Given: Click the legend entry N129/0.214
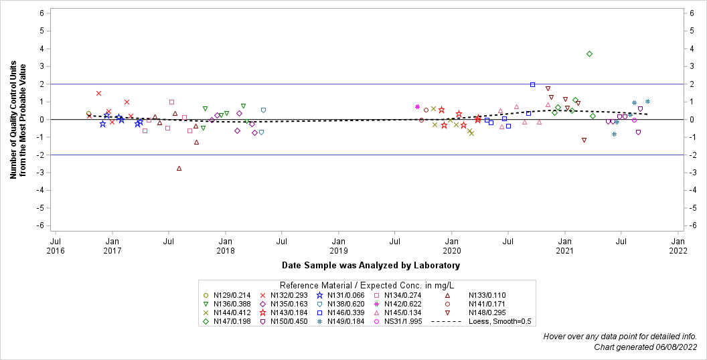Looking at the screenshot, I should click(230, 295).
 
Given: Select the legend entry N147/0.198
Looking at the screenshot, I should click(230, 321).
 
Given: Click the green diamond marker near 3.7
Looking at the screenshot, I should click(589, 54).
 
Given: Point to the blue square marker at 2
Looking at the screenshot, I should click(532, 84).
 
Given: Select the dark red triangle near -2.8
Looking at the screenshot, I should click(179, 169).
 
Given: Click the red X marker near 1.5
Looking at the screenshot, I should click(98, 93).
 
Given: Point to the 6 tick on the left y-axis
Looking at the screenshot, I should click(42, 13).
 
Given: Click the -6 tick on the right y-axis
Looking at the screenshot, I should click(692, 226).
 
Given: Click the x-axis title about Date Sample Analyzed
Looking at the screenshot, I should click(370, 266).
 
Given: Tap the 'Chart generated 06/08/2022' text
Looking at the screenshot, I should click(645, 347).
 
